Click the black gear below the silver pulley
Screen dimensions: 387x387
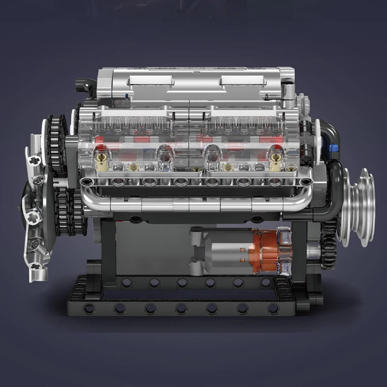[x=329, y=244]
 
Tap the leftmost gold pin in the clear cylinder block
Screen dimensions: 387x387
[x=103, y=157]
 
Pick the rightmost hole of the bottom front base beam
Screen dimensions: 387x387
[x=273, y=308]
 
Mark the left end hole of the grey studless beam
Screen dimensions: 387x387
[x=87, y=181]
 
